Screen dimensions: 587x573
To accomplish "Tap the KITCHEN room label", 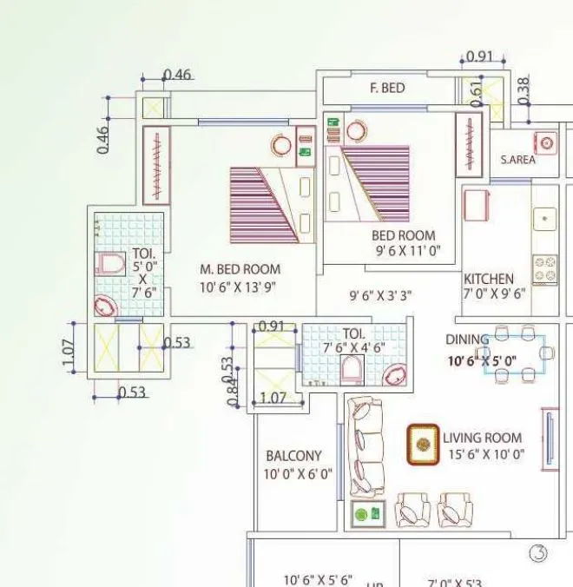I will point(489,279).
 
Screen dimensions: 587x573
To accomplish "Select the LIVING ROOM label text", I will point(482,438).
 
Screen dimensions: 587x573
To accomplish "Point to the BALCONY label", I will point(293,455).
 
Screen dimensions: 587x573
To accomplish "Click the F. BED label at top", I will point(387,89).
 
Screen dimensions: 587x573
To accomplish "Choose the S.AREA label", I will point(517,160).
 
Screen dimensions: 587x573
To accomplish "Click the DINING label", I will point(467,340).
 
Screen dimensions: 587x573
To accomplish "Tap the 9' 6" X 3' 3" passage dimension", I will point(380,295).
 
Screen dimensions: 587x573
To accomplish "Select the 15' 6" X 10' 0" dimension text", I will point(484,453).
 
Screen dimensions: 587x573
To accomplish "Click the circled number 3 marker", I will point(538,553).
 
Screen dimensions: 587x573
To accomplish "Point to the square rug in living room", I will point(423,444).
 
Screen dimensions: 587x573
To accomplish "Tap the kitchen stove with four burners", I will point(545,269).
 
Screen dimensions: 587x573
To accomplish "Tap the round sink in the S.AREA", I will point(546,142).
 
